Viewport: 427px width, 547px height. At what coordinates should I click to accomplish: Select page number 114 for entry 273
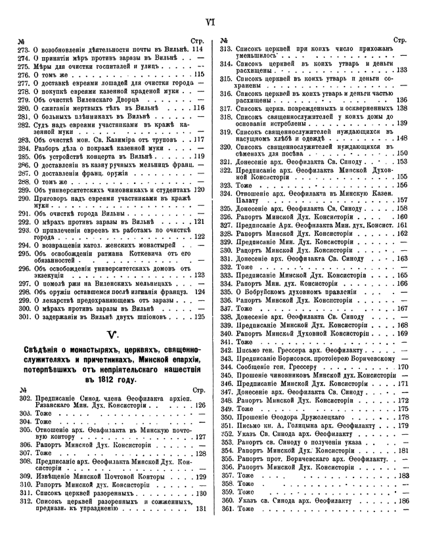[197, 49]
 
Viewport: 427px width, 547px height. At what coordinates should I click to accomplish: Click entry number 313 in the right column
[227, 49]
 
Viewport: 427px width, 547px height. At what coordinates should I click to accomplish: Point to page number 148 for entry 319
[402, 139]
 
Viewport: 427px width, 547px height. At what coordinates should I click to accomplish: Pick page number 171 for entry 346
[403, 383]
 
